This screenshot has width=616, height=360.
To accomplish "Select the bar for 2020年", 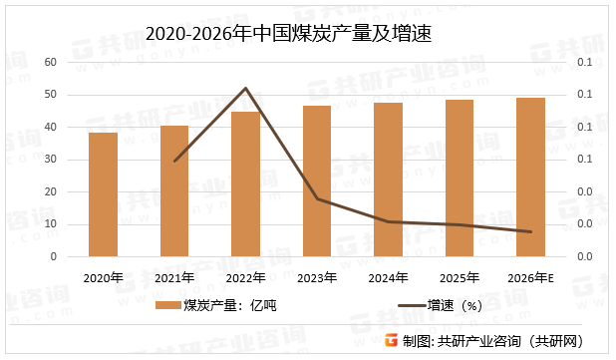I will point(103,194).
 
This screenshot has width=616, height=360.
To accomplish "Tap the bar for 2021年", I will point(174,190).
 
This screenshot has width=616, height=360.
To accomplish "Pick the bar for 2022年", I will point(245,183).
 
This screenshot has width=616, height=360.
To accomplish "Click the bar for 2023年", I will point(317,180).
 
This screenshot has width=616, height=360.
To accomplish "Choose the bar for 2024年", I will point(388,180).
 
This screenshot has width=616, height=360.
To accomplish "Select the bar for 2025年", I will point(460,178).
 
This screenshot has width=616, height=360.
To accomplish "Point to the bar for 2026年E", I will point(530,177).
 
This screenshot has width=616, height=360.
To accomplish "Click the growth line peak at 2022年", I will point(245,88).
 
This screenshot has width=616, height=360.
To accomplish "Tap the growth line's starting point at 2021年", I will point(174,161).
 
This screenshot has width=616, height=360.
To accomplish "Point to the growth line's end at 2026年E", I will point(530,232).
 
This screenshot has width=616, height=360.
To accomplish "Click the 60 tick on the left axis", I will point(51,62).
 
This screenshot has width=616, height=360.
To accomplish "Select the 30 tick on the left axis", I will point(51,160).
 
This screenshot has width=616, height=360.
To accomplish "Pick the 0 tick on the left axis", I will point(54,256).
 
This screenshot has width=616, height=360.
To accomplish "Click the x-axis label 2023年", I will point(317,277).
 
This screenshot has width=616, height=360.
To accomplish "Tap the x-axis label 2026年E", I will point(530,277).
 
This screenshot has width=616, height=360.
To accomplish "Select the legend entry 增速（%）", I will point(440,305).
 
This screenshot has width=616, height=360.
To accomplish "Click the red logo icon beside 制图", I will point(392,341).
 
